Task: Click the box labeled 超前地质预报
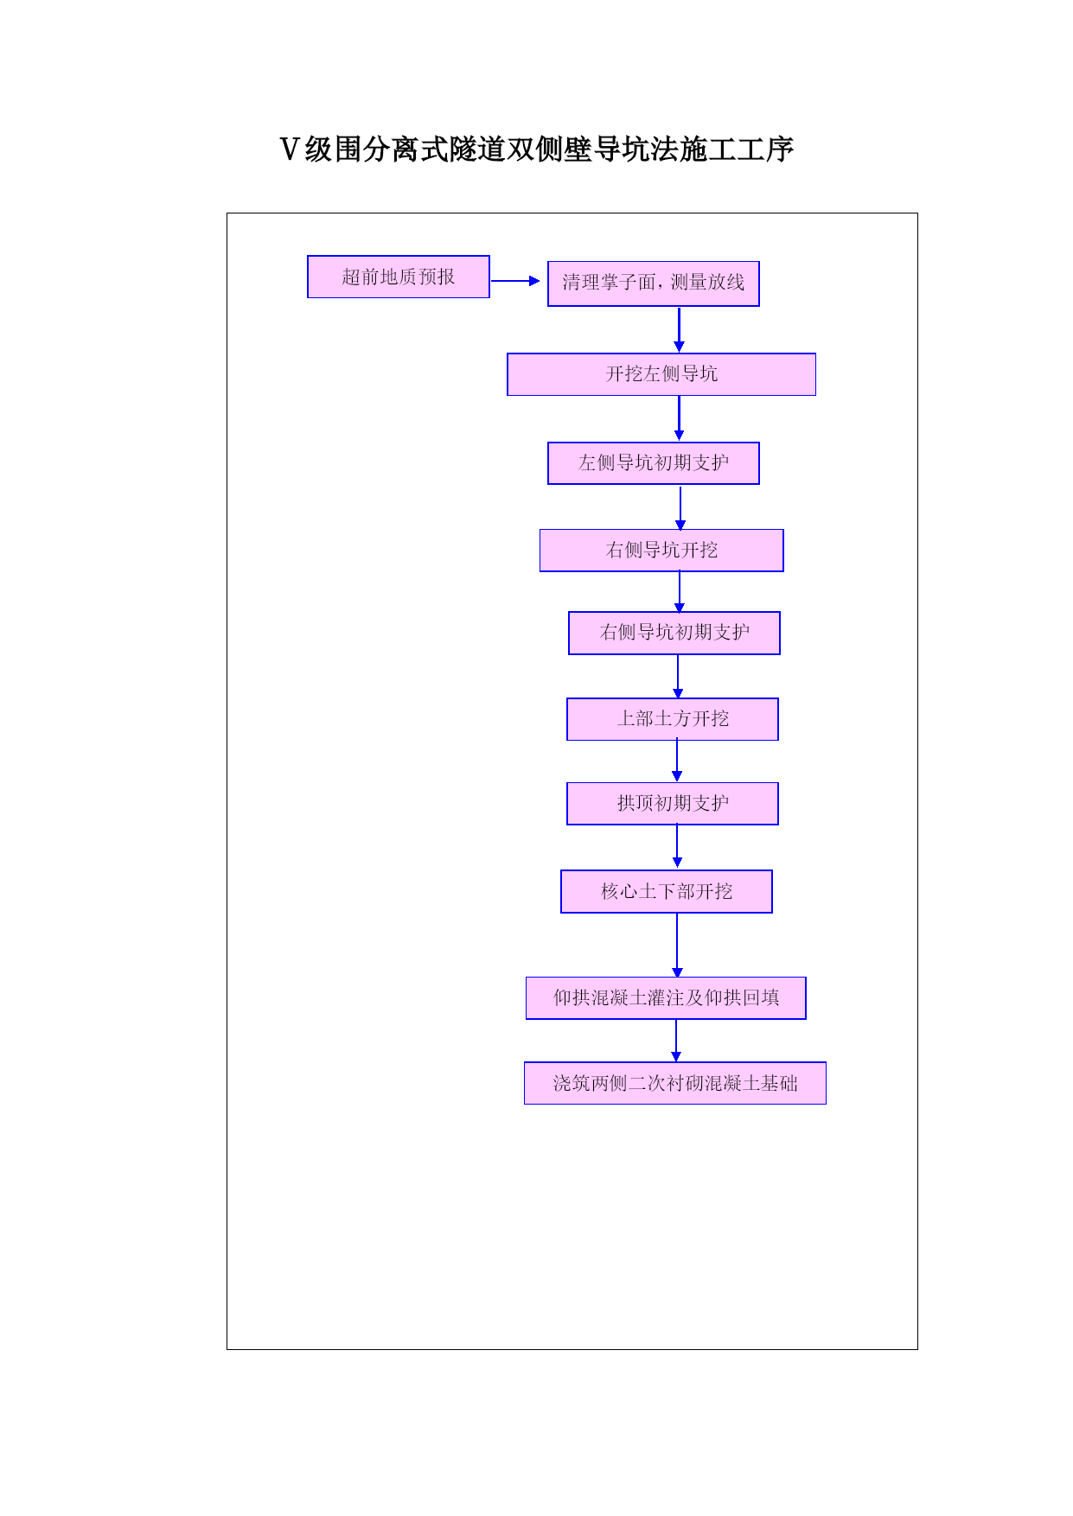399,277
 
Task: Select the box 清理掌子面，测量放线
654,283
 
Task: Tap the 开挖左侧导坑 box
661,374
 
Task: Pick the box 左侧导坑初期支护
654,463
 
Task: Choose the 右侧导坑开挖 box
661,551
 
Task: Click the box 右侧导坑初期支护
674,634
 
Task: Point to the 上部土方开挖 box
673,719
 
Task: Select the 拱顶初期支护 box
673,804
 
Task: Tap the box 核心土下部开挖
667,891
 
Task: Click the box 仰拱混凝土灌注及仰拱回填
666,998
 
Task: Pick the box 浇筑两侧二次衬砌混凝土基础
675,1083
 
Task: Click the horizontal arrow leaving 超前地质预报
515,281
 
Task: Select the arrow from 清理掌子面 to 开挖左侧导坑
679,329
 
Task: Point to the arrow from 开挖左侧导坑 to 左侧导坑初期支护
679,418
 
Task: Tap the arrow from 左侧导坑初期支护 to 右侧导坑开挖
680,507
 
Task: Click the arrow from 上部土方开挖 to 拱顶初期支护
677,761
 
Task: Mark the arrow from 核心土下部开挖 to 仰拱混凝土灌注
677,946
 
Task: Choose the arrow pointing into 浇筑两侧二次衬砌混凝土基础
676,1041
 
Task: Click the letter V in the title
290,150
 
